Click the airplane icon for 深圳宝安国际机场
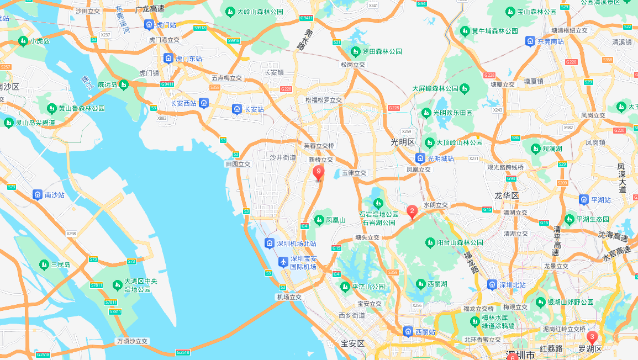[283, 262]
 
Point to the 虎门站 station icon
[149, 25]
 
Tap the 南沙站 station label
[55, 195]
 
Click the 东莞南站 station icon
[530, 41]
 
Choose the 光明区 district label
[402, 142]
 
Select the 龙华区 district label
[507, 195]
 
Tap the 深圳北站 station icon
[492, 285]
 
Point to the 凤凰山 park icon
[319, 220]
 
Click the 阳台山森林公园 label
[460, 242]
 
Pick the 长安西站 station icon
[204, 103]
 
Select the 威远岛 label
[107, 84]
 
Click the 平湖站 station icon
[584, 199]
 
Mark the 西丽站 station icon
[408, 332]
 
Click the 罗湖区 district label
[589, 349]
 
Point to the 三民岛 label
[61, 264]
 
